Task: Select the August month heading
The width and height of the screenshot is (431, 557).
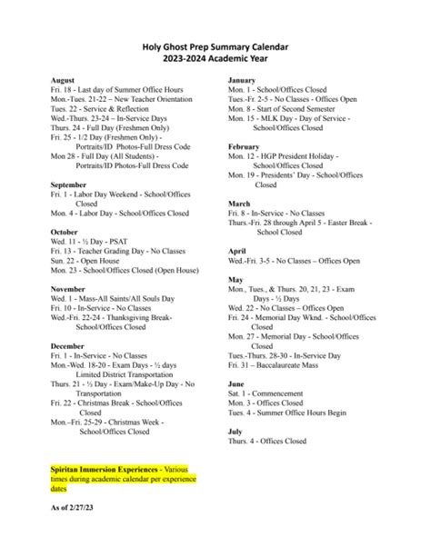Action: click(x=63, y=81)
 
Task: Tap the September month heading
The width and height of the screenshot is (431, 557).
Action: click(x=71, y=184)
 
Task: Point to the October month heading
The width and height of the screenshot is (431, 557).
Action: click(x=65, y=232)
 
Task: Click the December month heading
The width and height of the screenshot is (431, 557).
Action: click(x=70, y=345)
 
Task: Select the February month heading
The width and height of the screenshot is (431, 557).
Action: click(x=245, y=145)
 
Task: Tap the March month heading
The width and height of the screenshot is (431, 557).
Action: click(x=239, y=204)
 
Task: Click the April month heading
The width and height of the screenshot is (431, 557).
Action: click(x=237, y=250)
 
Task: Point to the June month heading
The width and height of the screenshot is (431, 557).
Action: click(x=236, y=383)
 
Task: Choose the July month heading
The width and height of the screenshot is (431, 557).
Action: click(x=235, y=431)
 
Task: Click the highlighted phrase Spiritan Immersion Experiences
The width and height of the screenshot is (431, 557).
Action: click(x=101, y=470)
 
